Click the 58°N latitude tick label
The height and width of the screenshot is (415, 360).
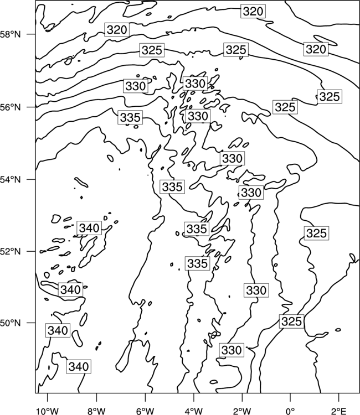click(10, 34)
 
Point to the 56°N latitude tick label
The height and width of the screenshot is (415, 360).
click(10, 107)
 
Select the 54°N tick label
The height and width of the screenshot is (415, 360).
click(10, 180)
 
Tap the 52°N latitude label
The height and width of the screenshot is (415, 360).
click(10, 251)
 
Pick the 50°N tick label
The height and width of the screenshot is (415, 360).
click(10, 323)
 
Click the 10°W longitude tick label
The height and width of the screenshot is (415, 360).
click(48, 411)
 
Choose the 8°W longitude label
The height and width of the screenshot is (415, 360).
click(96, 411)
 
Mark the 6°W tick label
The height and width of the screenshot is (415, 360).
click(145, 411)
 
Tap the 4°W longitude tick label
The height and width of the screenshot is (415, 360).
click(193, 411)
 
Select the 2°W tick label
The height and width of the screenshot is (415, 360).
click(242, 411)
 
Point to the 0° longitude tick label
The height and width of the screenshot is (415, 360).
click(290, 411)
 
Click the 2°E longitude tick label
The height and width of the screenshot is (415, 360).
click(339, 411)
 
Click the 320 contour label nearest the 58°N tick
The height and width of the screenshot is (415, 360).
click(117, 30)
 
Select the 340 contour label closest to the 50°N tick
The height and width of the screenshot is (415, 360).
click(58, 330)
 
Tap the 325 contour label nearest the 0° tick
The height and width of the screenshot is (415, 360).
click(291, 321)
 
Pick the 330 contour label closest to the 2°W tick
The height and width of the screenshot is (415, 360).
click(232, 350)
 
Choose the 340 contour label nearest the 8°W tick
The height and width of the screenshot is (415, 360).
click(79, 366)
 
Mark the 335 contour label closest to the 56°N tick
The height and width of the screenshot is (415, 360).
click(130, 117)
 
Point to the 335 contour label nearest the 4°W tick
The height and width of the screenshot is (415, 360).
click(197, 263)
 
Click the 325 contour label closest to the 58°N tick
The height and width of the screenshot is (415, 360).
click(152, 50)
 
